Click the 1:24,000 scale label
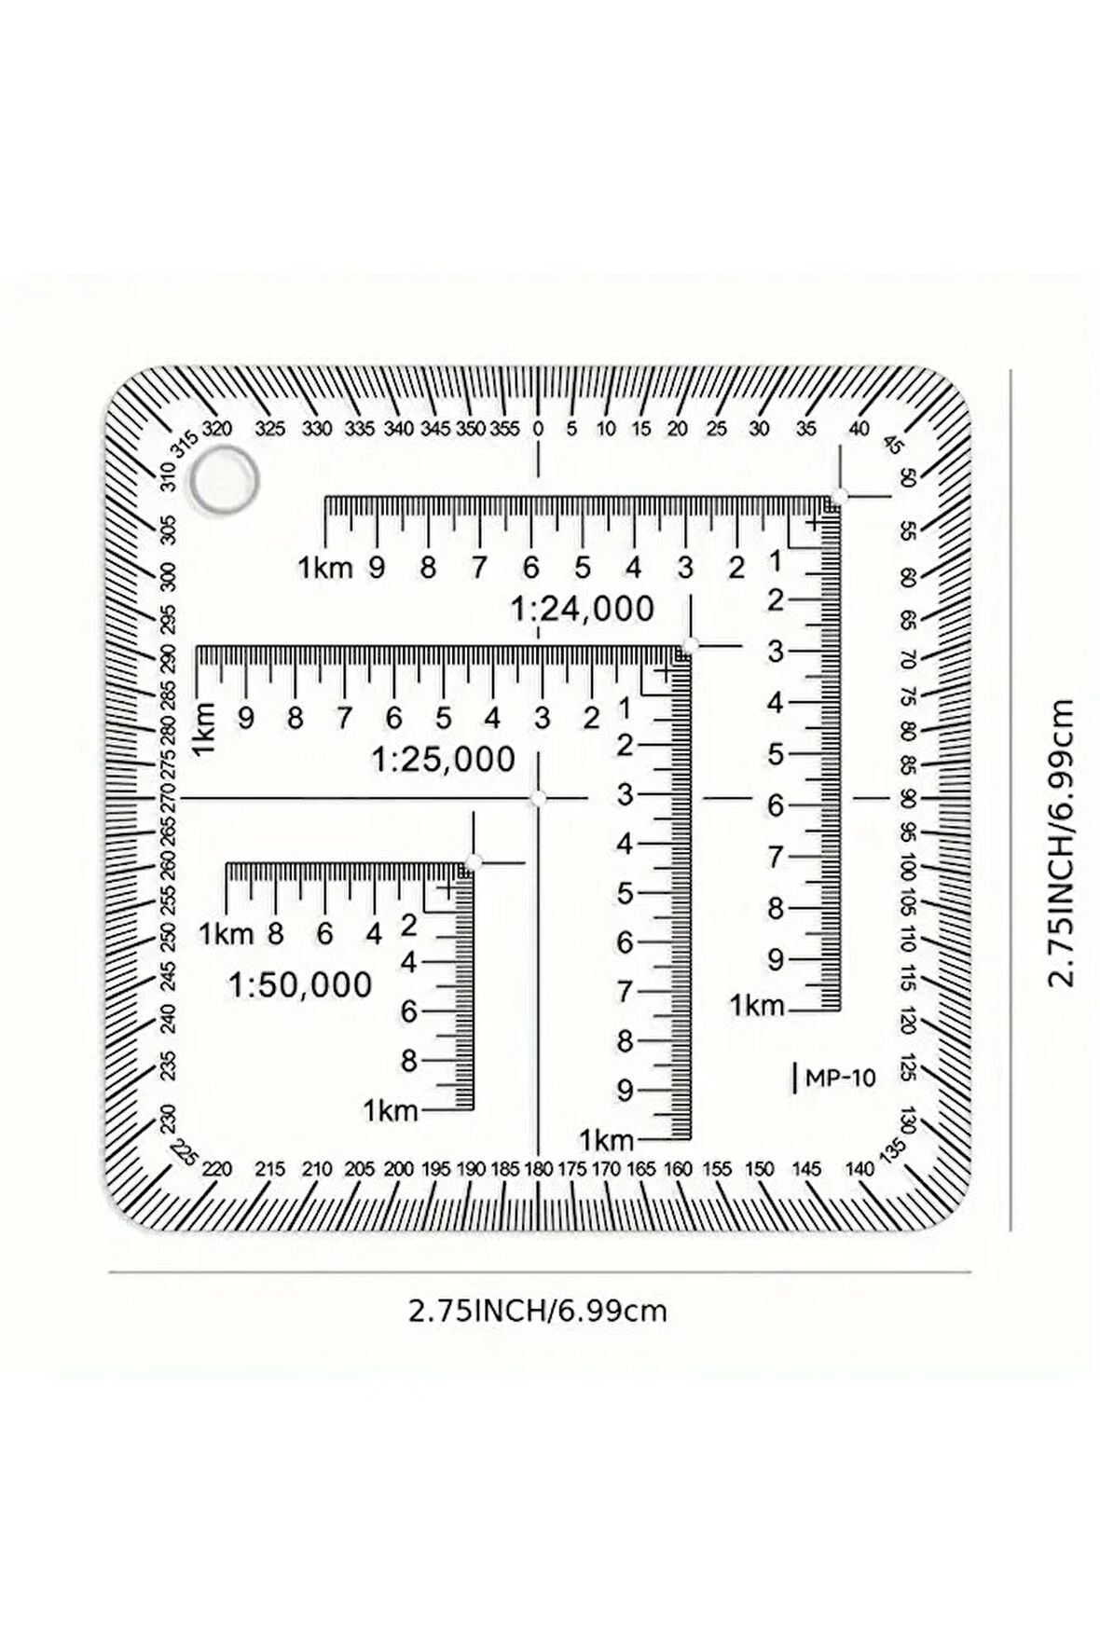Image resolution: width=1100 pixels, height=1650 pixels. coord(582,610)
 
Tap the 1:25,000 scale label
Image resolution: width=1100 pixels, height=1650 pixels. coord(443,760)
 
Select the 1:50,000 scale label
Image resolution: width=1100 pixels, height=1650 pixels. coord(300,985)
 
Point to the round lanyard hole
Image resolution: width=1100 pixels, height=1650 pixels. coord(224,480)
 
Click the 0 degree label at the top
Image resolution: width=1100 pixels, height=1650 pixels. coord(538,429)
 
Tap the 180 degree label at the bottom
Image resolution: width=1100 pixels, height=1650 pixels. coord(539,1169)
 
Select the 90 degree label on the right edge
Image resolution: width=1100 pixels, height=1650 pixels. coord(908,799)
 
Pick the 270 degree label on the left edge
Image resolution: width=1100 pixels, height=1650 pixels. coord(168,799)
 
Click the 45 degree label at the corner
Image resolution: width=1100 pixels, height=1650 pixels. coord(893,445)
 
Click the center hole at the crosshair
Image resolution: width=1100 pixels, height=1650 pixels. coord(538,799)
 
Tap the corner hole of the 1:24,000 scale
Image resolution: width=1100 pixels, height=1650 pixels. coord(839,497)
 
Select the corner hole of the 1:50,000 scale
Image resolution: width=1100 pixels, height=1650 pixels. coord(473,862)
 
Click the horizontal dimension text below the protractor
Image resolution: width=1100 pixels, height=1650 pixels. coord(538,1311)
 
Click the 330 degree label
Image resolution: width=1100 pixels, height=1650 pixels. coord(318,429)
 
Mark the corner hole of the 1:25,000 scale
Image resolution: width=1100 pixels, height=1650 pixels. coord(691,645)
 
